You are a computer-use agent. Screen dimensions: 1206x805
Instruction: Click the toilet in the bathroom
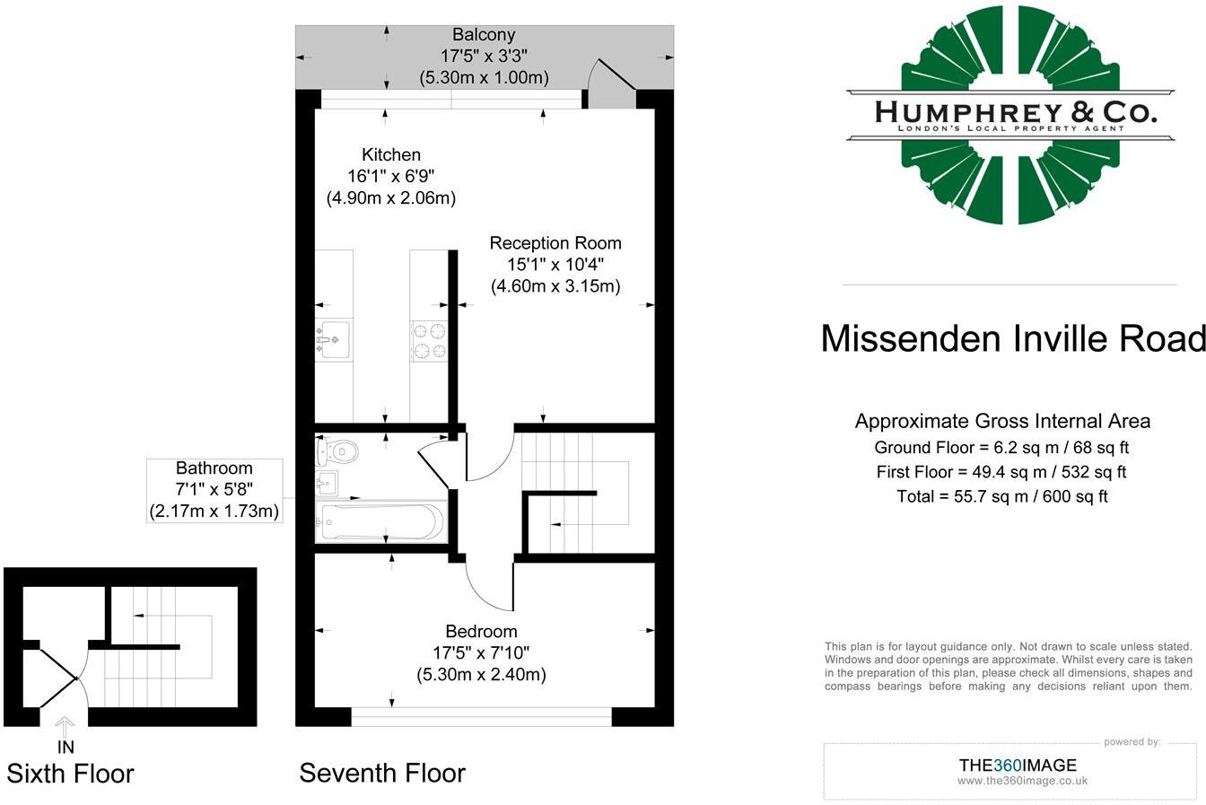click(337, 452)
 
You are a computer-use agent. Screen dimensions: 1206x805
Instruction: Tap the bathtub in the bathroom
click(380, 521)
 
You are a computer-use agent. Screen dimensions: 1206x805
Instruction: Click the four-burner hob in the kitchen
click(429, 340)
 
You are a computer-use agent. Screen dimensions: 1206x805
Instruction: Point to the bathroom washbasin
click(327, 483)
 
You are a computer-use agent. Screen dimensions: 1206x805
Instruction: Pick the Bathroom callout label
click(214, 490)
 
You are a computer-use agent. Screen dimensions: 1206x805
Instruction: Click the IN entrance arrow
click(66, 727)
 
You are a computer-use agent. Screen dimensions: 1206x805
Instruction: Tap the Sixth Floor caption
click(70, 774)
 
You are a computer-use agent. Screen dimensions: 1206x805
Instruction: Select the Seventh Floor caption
click(382, 774)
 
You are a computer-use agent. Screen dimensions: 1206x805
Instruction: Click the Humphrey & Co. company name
click(1016, 112)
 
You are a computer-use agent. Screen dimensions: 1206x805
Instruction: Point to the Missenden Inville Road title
click(1013, 338)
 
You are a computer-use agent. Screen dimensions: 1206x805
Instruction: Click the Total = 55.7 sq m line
click(1002, 496)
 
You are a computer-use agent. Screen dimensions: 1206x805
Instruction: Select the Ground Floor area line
click(1001, 447)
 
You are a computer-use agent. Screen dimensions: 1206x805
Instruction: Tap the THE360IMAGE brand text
click(1018, 766)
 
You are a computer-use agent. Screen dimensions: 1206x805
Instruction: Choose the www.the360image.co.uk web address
click(1022, 781)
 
